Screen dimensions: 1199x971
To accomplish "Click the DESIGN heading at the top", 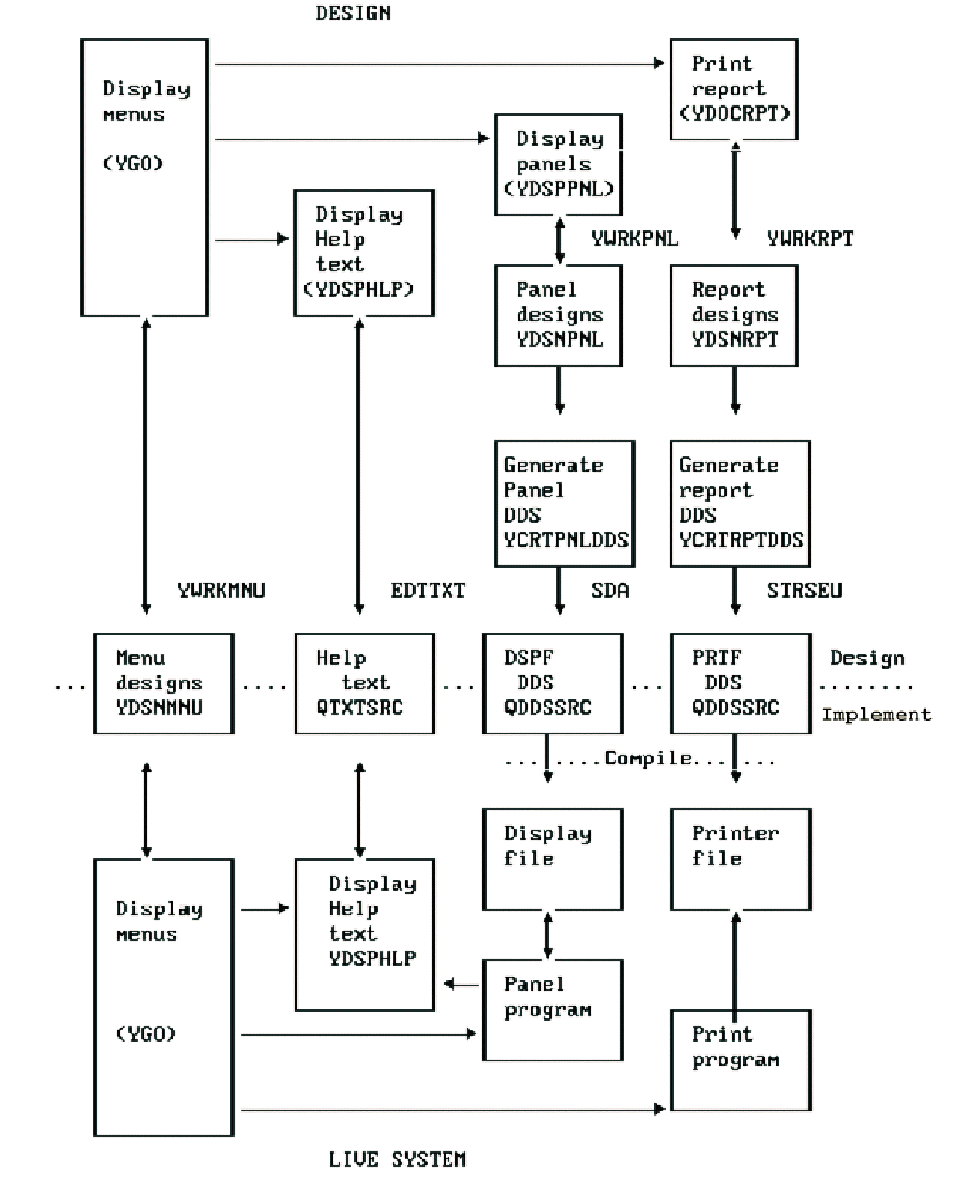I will [353, 13].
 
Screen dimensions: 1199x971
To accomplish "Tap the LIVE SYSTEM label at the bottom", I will [397, 1159].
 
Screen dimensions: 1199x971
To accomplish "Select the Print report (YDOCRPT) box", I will [734, 89].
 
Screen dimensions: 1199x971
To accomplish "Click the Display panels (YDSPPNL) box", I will [558, 165].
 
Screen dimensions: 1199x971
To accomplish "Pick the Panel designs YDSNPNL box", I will [558, 315].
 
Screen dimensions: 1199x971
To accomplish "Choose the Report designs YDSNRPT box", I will [734, 315].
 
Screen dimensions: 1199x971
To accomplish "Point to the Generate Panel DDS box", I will [564, 504].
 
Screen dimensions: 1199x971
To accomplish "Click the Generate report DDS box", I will [740, 504].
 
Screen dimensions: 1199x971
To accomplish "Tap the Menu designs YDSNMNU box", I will [164, 683].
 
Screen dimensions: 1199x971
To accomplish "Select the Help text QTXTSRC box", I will [364, 683].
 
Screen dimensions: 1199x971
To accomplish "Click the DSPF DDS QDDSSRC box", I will [552, 683].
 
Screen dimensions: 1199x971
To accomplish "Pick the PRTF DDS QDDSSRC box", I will [741, 683].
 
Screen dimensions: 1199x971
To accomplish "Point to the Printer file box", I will [741, 860].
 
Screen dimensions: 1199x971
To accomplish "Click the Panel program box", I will [552, 1010].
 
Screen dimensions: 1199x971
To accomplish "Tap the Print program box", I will [741, 1060].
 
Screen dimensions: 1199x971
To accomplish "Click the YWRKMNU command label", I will [221, 590].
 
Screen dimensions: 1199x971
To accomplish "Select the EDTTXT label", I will [428, 590].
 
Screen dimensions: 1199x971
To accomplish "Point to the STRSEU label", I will [804, 590].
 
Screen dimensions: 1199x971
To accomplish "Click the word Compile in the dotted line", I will [648, 759].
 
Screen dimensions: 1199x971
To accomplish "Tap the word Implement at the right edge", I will [877, 715].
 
